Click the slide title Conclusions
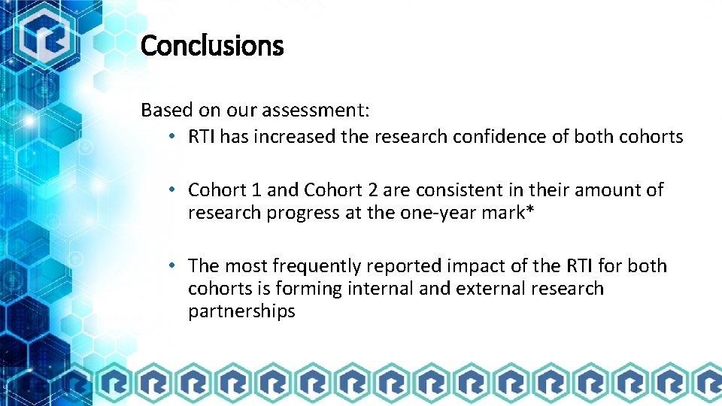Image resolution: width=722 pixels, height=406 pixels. (212, 46)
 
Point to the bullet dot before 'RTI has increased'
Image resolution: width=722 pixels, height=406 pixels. (172, 137)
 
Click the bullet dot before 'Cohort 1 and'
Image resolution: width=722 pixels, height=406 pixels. (172, 190)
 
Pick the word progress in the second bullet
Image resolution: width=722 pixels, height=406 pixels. (305, 213)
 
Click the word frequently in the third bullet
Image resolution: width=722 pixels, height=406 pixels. (316, 266)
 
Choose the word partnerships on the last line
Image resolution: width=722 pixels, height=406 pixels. (241, 311)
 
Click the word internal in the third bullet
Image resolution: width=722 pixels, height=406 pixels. (378, 289)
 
